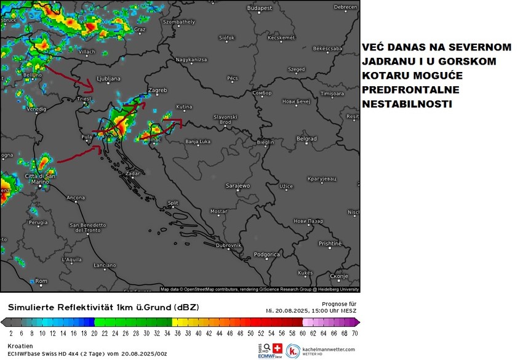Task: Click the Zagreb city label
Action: pos(159,90)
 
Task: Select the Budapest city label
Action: pos(259,8)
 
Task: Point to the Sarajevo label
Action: pos(238,185)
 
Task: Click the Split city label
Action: pos(173,202)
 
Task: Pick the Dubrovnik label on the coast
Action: pos(228,245)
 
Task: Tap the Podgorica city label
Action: pos(267,254)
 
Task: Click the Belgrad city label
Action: pos(306,139)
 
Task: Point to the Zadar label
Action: pos(132,174)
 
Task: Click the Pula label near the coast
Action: pos(86,137)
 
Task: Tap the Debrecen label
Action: pos(345,7)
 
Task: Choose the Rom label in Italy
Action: pos(41,281)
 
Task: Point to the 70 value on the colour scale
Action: pos(354,333)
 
